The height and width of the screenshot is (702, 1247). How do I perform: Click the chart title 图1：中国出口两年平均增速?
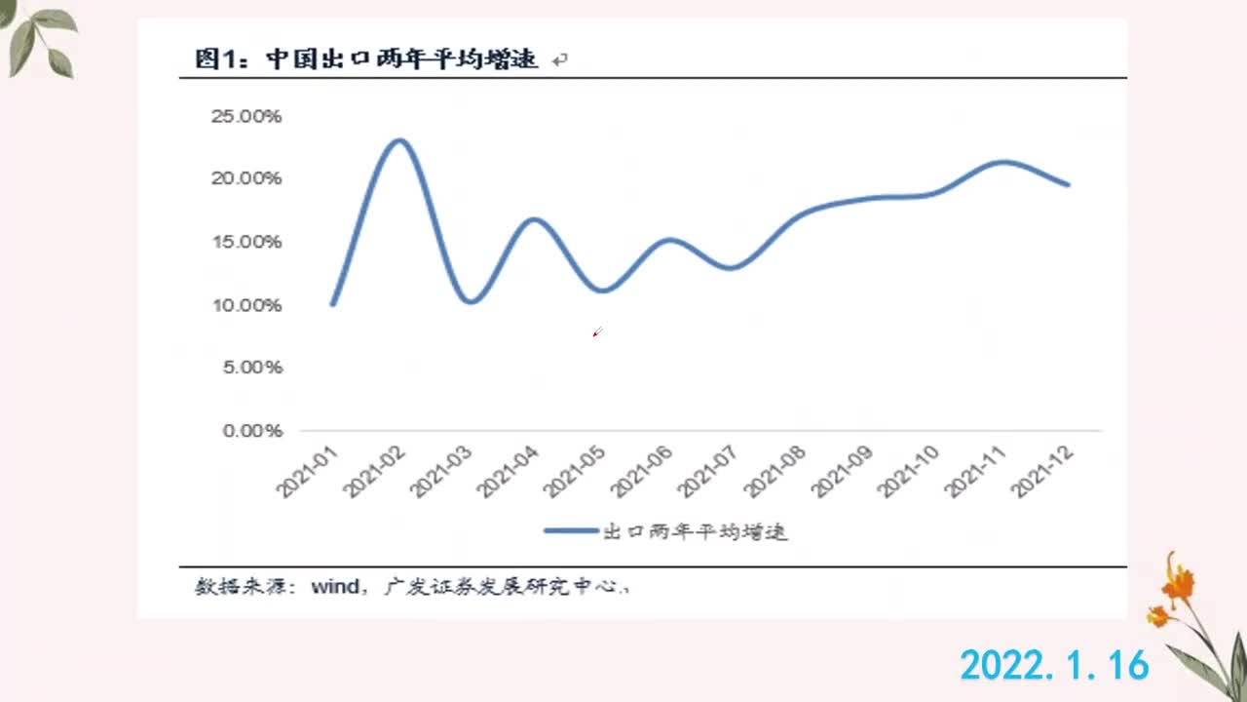(x=366, y=58)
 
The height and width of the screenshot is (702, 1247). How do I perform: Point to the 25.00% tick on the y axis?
(x=246, y=116)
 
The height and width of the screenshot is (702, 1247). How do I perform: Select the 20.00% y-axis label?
(x=246, y=177)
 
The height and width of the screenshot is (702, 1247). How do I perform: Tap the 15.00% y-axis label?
(x=246, y=241)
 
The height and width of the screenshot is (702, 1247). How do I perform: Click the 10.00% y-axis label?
(x=246, y=305)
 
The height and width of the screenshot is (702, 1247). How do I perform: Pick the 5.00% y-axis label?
(x=252, y=367)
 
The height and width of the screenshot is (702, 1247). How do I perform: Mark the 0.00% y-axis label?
(x=252, y=430)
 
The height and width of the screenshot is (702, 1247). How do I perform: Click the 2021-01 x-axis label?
(x=307, y=471)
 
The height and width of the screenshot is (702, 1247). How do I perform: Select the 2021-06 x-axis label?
(x=641, y=471)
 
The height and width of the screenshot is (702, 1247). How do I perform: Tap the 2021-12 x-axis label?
(x=1042, y=471)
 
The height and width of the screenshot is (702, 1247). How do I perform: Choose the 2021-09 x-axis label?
(x=842, y=471)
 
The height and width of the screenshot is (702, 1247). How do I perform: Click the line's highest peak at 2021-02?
(x=399, y=140)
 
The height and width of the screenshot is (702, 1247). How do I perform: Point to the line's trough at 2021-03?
(x=471, y=301)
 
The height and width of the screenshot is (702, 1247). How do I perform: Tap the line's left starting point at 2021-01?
(x=333, y=303)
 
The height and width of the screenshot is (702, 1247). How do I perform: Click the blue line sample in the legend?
(x=571, y=530)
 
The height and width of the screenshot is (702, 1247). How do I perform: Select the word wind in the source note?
(x=335, y=587)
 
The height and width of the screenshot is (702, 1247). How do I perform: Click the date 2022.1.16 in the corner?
(x=1054, y=665)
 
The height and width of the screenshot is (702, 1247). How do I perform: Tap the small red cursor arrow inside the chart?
(x=597, y=332)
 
